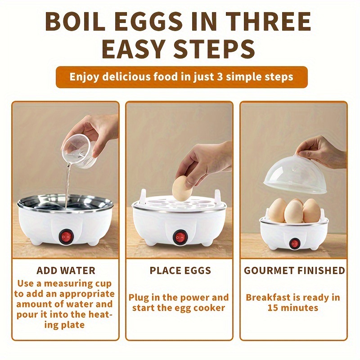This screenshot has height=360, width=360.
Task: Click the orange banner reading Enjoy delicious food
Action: tap(181, 76)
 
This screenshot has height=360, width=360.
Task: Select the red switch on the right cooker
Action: tap(294, 243)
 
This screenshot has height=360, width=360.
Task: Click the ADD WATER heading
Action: tap(66, 271)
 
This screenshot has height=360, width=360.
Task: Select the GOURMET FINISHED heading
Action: tap(294, 271)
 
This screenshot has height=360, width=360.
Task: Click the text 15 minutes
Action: tap(293, 308)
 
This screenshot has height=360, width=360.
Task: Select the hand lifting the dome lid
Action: tap(322, 151)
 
